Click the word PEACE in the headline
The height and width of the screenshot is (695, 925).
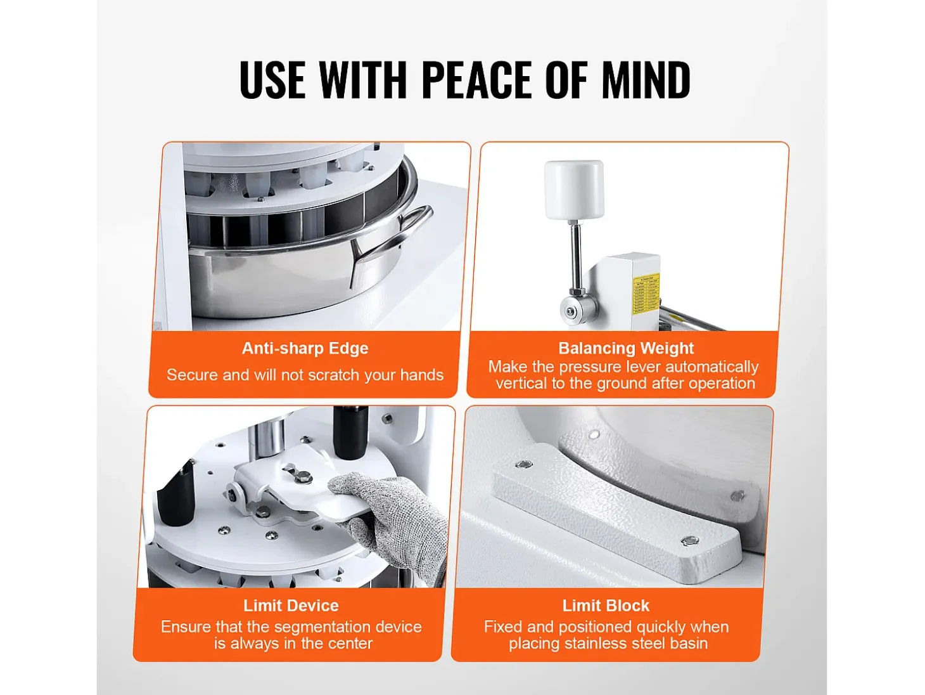pyautogui.click(x=476, y=80)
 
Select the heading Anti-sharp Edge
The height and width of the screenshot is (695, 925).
pyautogui.click(x=305, y=348)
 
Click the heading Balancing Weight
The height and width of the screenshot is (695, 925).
pyautogui.click(x=626, y=348)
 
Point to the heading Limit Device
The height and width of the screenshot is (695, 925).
pyautogui.click(x=291, y=606)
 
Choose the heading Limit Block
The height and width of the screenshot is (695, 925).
pyautogui.click(x=606, y=606)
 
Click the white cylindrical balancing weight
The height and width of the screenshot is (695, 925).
pyautogui.click(x=574, y=190)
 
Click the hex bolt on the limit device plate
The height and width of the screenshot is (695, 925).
pyautogui.click(x=302, y=478)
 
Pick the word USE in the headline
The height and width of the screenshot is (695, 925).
pyautogui.click(x=272, y=80)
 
